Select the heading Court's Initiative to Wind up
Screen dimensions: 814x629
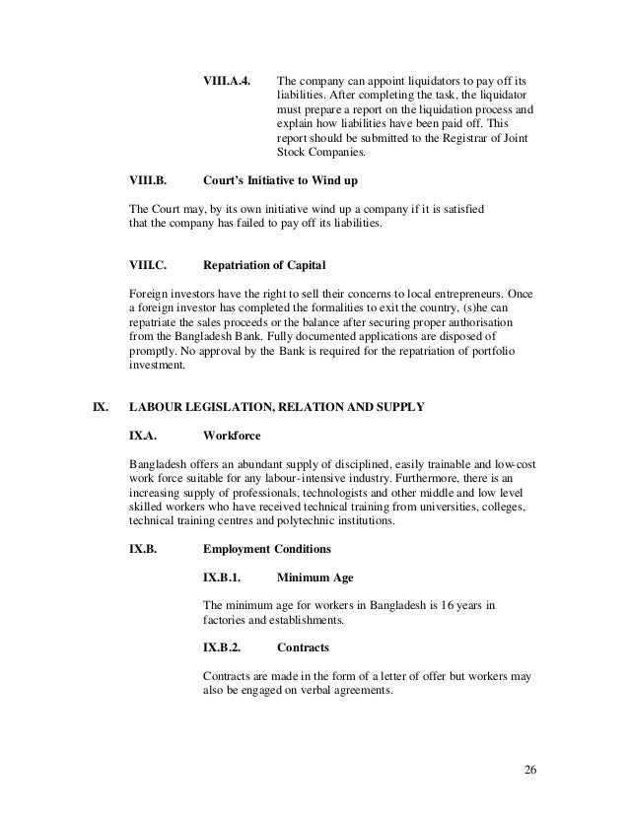click(279, 181)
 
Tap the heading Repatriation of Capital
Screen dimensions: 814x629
click(264, 266)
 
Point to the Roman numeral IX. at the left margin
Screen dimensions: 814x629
click(99, 406)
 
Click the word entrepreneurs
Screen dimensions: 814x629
click(454, 294)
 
